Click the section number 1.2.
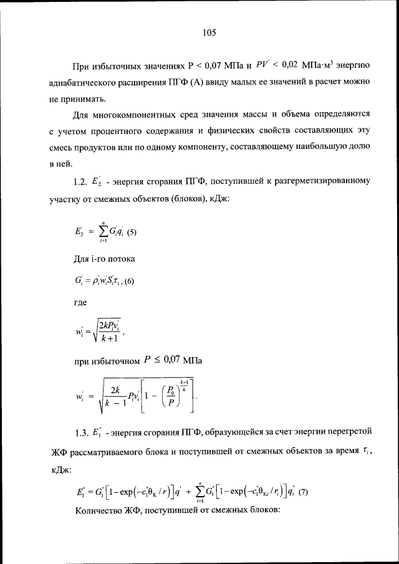click(83, 182)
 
